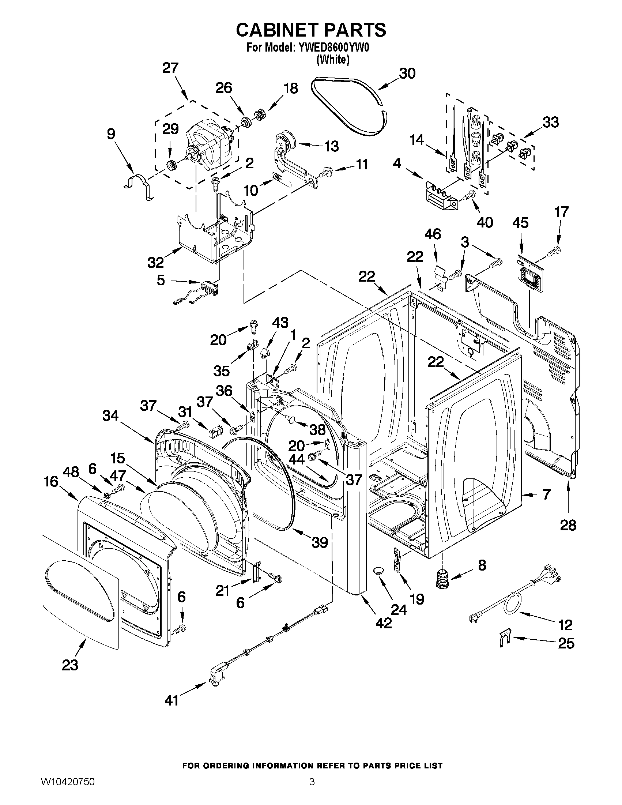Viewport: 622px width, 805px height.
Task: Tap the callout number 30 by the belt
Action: point(407,74)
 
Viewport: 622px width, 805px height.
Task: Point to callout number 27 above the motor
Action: point(171,68)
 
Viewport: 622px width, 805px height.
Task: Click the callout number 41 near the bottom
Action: point(171,700)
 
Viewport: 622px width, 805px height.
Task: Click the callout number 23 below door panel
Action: point(70,665)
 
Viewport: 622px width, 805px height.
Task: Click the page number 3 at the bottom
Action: point(312,790)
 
